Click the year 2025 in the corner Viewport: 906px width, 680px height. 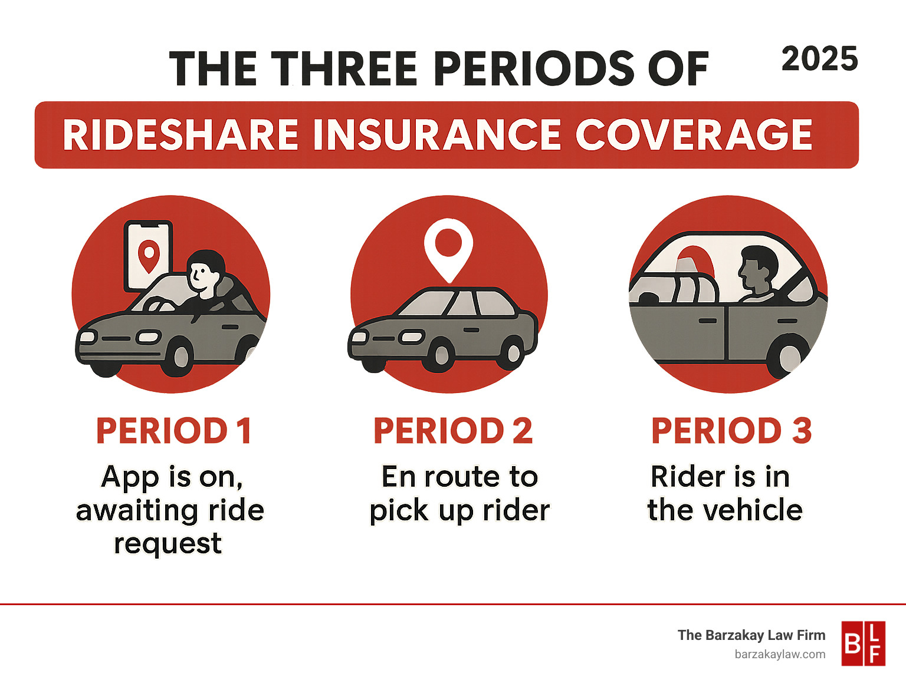point(819,60)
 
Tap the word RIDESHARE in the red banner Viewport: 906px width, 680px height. point(180,135)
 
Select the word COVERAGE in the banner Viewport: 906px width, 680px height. point(694,135)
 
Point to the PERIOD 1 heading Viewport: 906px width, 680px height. point(174,431)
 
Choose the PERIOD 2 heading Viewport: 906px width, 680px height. point(453,431)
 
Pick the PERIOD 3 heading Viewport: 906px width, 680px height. point(731,431)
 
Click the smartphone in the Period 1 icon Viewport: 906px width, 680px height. point(148,256)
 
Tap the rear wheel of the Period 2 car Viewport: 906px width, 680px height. point(513,352)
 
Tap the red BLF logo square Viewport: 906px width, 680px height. point(864,643)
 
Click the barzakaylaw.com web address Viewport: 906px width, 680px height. point(780,655)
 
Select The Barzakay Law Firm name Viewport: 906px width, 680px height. point(751,635)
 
